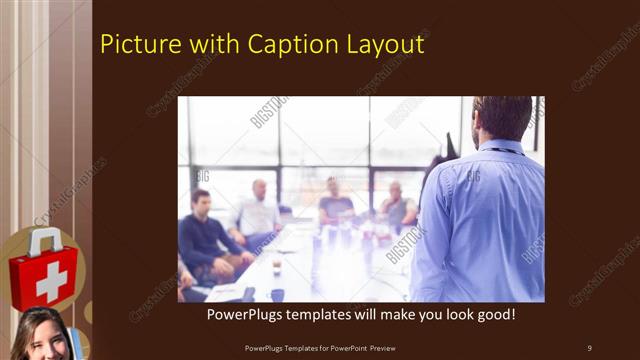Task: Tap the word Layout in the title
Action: (385, 45)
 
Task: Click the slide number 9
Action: (589, 347)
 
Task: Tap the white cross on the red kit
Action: (50, 279)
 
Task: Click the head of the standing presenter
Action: (502, 118)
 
